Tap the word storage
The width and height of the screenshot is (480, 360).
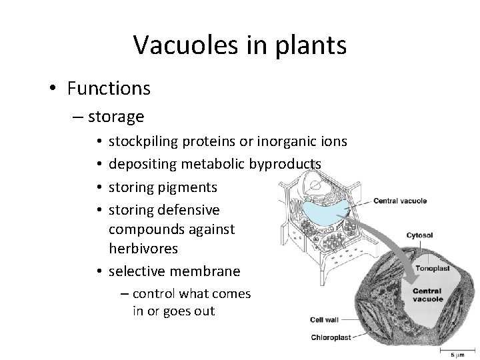[116, 117]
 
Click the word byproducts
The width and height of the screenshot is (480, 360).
[289, 163]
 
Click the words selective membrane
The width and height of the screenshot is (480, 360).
[174, 271]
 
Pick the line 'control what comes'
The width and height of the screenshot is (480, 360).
[192, 294]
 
